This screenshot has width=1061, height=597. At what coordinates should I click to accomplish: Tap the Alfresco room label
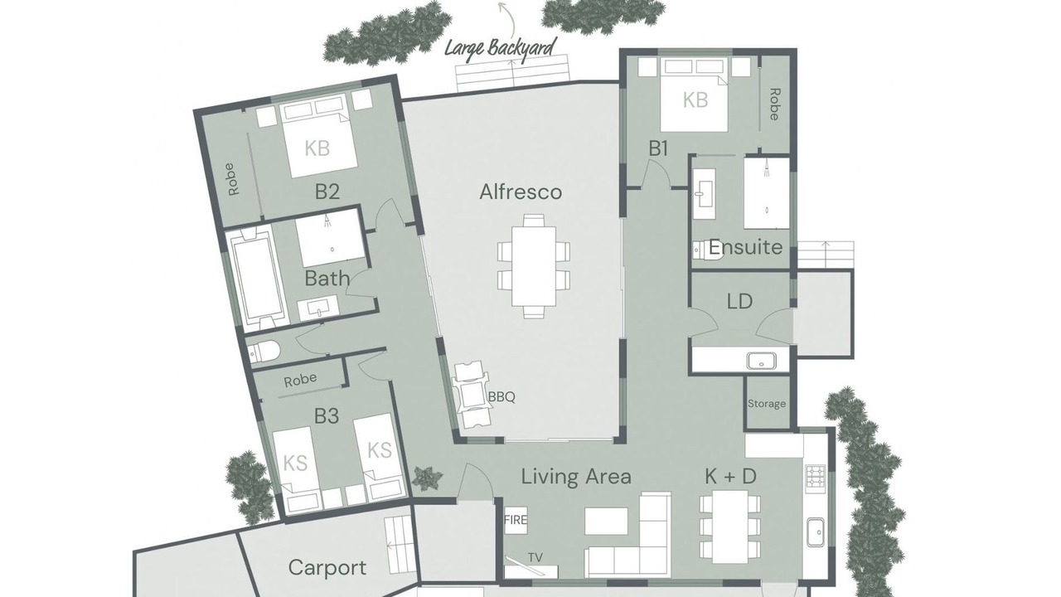521,192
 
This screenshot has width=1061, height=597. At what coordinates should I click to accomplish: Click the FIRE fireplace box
516,520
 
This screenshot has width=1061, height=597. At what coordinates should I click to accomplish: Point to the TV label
535,557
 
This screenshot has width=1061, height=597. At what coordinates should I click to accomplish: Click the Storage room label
767,404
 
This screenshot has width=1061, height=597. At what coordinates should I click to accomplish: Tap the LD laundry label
740,301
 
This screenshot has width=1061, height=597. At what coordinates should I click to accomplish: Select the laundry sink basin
762,361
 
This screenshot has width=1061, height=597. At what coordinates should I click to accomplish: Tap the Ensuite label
745,247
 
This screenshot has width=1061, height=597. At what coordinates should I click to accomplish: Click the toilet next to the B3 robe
264,352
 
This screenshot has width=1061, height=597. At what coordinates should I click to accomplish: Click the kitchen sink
816,532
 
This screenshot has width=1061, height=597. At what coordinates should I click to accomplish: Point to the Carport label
327,568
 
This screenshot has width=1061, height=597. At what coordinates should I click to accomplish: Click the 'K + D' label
730,476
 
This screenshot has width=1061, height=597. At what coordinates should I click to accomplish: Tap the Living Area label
576,477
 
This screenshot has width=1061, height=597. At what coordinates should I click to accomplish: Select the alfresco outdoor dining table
534,266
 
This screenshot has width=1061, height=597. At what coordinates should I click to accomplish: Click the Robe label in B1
774,104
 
